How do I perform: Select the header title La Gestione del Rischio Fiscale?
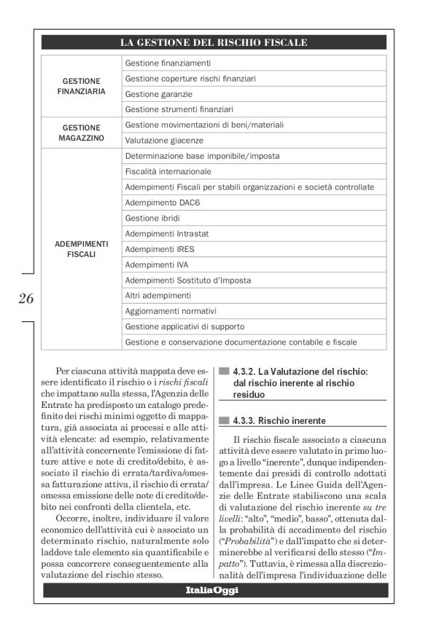pyautogui.click(x=213, y=43)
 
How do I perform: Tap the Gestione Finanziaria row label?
pyautogui.click(x=81, y=86)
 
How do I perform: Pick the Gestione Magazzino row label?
pyautogui.click(x=81, y=132)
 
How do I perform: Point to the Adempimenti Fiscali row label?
pyautogui.click(x=81, y=248)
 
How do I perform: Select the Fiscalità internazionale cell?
pyautogui.click(x=168, y=171)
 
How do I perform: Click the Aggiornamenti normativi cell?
pyautogui.click(x=171, y=310)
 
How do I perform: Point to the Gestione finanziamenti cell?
pyautogui.click(x=168, y=63)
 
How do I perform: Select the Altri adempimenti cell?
pyautogui.click(x=158, y=295)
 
